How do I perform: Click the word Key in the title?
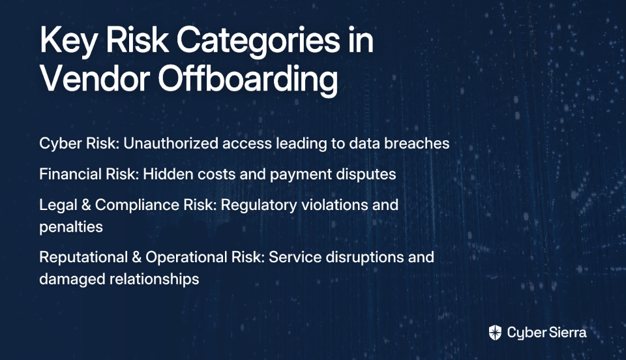[68, 41]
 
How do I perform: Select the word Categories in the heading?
[258, 41]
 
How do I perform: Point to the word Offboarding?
[248, 80]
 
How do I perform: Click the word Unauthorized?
[171, 143]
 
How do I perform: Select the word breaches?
[417, 143]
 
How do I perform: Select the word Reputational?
[83, 258]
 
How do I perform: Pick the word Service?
[295, 257]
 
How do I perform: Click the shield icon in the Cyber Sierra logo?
[495, 333]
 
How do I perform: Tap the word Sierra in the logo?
[567, 333]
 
